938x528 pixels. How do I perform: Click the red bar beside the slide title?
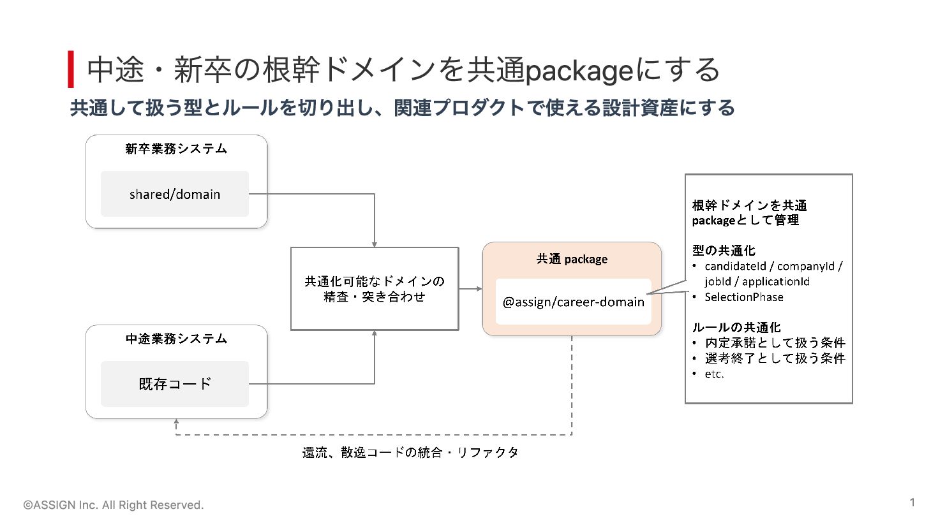(71, 69)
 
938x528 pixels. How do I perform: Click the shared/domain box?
(175, 194)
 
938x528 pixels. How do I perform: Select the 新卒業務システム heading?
(176, 149)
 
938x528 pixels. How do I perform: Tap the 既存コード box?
(175, 384)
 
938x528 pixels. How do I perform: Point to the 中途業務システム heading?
(176, 339)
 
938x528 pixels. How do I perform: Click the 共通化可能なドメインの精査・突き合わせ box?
(375, 289)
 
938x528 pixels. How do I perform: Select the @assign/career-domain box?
(573, 301)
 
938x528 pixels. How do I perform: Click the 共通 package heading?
(572, 259)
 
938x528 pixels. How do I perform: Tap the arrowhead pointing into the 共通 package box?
(479, 289)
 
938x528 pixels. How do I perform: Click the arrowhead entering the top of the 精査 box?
(375, 244)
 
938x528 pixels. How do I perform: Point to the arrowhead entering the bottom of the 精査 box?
(375, 333)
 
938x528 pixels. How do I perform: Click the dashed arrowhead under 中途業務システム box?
(176, 422)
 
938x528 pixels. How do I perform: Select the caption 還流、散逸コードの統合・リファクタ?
(410, 452)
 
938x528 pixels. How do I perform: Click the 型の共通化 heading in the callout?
(724, 250)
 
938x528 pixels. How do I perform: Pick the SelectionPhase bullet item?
(744, 297)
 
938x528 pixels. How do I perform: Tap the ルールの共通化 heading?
(736, 327)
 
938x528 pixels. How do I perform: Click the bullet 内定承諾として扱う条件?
(775, 342)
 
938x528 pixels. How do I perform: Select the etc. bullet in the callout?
(714, 374)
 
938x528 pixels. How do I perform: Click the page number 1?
(912, 502)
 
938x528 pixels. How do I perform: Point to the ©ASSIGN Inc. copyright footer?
(114, 505)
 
